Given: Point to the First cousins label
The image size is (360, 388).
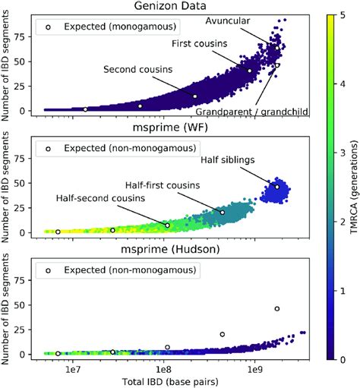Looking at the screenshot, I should (x=199, y=44).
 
